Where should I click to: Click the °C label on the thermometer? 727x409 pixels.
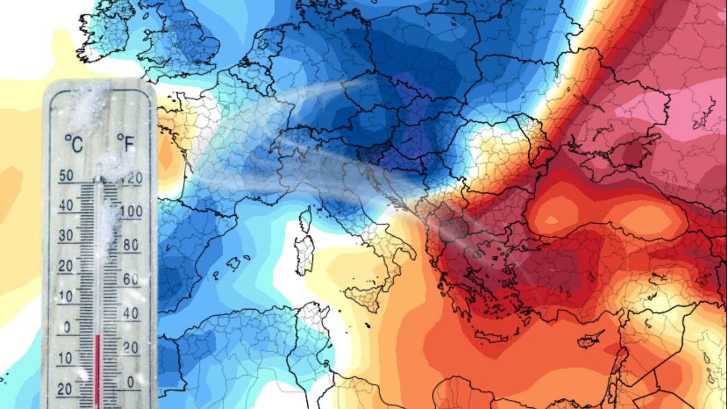tap(73, 143)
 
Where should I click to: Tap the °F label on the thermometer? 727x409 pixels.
tap(126, 143)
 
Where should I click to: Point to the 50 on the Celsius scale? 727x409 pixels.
tap(66, 176)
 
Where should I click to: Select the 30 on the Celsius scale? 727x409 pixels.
tap(66, 235)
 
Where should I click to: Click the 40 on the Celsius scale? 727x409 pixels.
tap(66, 205)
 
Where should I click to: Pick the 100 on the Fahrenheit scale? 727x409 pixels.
tap(131, 212)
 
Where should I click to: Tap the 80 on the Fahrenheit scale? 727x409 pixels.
tap(131, 245)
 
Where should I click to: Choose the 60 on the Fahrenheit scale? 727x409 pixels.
tap(131, 279)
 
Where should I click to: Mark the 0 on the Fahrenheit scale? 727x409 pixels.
tap(131, 381)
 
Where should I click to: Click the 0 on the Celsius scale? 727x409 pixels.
tap(67, 327)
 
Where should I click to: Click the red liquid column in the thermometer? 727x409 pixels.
tap(97, 369)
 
